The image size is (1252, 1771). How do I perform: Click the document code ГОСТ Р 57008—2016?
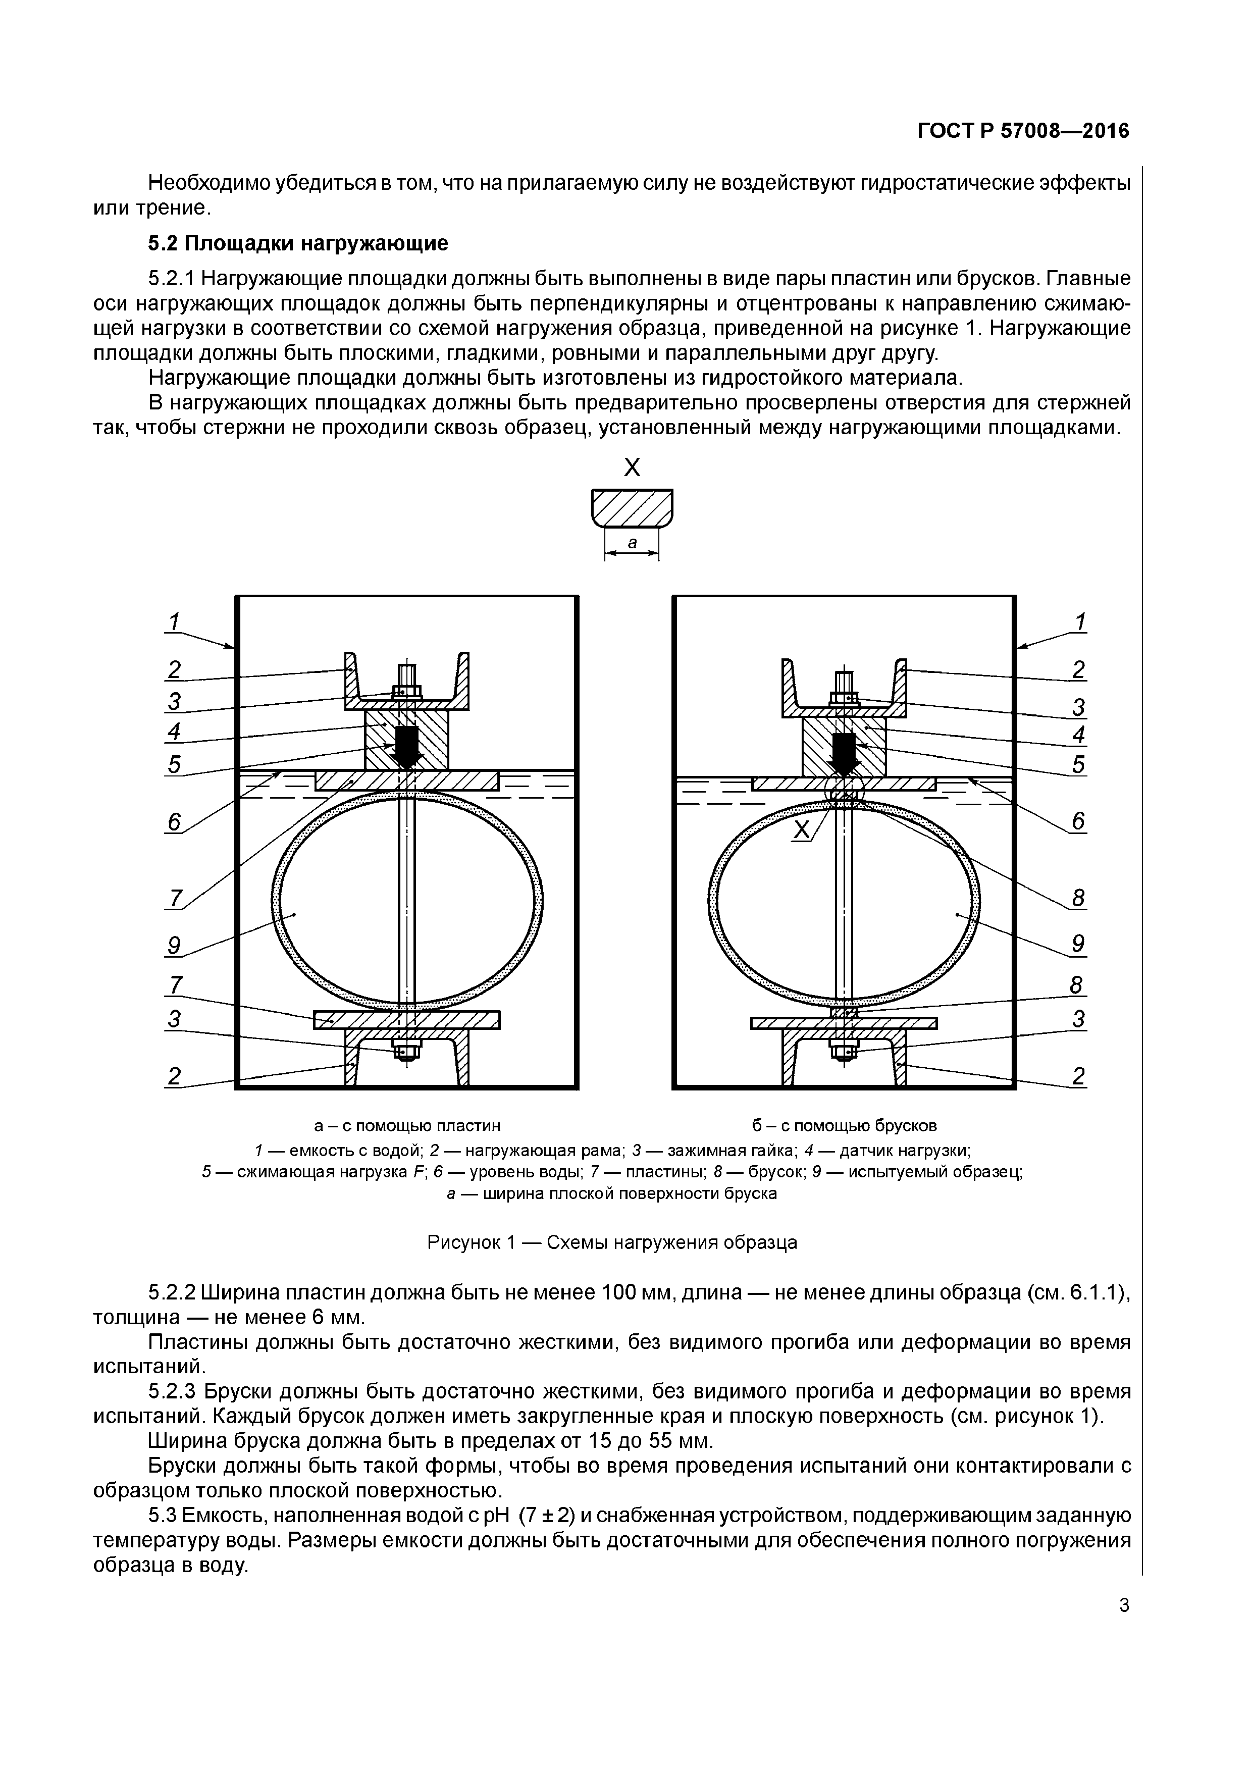[1022, 131]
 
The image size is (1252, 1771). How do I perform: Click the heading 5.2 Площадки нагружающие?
[298, 244]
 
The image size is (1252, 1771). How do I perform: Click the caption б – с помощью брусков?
[844, 1125]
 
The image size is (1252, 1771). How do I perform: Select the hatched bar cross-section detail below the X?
[632, 507]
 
